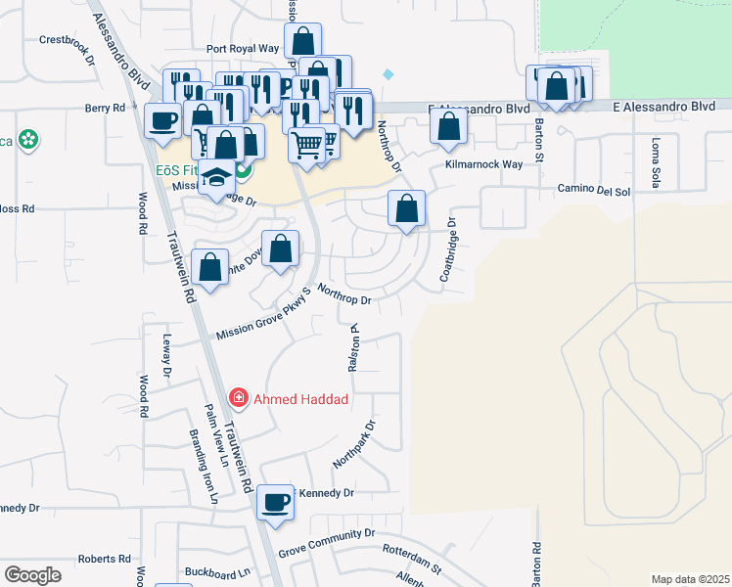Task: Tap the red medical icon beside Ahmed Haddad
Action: (x=238, y=398)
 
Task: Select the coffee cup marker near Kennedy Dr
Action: (x=275, y=502)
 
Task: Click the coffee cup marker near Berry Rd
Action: (x=162, y=120)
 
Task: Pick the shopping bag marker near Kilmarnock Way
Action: (x=448, y=127)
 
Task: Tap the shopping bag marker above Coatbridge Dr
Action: (x=406, y=208)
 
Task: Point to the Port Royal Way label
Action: (x=243, y=48)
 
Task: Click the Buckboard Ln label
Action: (x=217, y=570)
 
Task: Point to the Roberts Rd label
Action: (x=105, y=559)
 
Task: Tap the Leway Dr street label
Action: (x=166, y=356)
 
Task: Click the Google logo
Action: (x=32, y=574)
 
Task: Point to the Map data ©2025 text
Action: (x=690, y=579)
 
